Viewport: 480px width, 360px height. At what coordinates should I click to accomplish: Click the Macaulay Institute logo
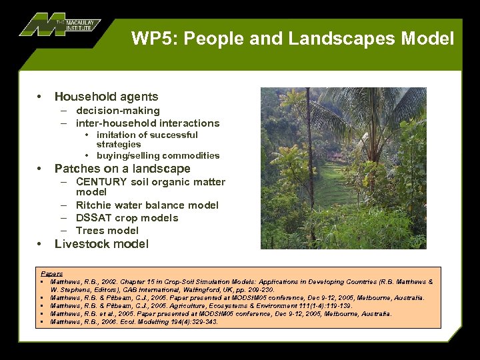tap(60, 25)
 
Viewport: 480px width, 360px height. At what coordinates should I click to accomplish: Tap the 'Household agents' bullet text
tap(106, 97)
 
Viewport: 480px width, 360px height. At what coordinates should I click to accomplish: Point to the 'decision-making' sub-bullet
tap(118, 111)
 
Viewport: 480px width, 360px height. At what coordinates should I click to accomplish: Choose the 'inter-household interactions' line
tap(147, 123)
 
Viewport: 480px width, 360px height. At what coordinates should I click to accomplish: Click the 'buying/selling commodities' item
tap(158, 155)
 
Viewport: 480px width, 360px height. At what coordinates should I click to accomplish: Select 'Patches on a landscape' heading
tap(122, 169)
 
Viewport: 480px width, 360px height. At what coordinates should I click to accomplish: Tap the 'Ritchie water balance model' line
tap(147, 205)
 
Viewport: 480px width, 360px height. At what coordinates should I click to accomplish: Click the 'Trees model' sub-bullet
tap(107, 231)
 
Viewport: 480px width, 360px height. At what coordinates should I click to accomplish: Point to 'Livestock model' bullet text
tap(101, 244)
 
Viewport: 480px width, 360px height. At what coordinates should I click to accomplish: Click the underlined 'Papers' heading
tap(52, 273)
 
